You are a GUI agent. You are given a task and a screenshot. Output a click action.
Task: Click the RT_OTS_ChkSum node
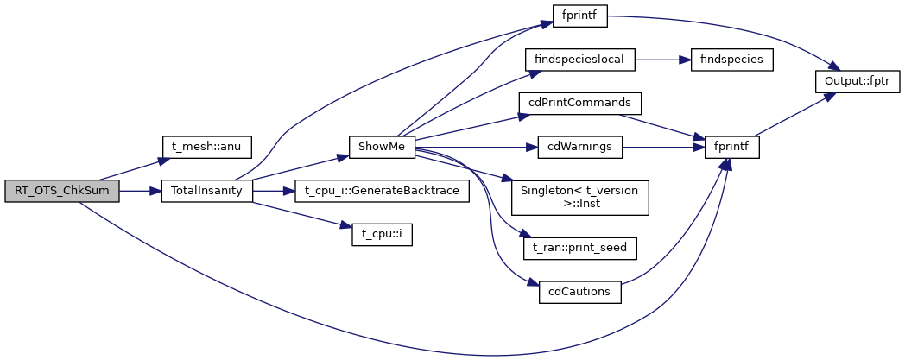point(60,191)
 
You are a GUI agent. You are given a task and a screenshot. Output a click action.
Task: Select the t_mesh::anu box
point(206,147)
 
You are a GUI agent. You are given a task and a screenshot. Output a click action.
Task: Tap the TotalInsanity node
point(206,191)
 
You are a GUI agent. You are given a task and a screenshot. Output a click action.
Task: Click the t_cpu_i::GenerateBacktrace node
point(382,191)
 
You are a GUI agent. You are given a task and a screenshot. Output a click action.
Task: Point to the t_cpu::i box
point(382,235)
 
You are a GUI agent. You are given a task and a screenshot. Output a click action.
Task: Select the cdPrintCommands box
point(580,103)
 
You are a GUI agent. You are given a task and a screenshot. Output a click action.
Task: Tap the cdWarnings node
point(580,147)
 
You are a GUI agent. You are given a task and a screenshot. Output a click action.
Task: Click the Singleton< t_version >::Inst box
point(580,198)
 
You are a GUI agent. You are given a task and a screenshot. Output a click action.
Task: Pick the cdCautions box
point(580,292)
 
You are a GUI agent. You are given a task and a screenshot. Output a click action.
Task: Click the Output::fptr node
point(858,81)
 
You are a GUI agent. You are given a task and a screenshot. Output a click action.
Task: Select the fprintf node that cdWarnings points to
point(731,147)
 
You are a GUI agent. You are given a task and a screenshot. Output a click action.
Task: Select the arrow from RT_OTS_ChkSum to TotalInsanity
point(139,191)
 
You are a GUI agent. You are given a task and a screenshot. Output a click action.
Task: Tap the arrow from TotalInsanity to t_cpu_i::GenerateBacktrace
point(272,191)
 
